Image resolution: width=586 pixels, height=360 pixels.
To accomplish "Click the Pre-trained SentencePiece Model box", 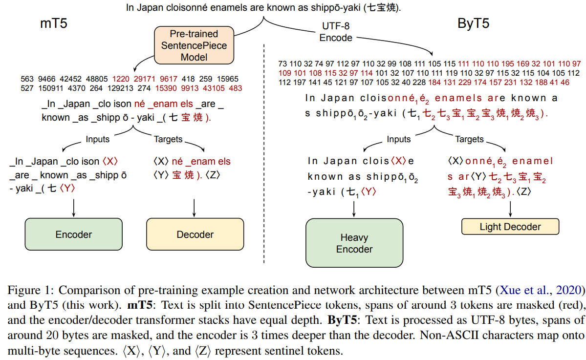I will pos(195,45).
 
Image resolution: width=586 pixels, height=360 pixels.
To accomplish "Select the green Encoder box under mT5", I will pos(73,234).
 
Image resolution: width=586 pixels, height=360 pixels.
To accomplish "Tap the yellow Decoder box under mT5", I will pos(195,234).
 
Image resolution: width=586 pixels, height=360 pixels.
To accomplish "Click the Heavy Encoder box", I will pos(354,243).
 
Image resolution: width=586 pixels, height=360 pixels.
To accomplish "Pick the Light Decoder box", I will pos(510,227).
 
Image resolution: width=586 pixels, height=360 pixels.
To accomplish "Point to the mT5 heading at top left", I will pos(53,24).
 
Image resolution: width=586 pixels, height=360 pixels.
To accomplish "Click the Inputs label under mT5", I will pos(98,139).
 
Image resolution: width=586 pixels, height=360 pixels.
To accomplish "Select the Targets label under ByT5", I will pos(469,139).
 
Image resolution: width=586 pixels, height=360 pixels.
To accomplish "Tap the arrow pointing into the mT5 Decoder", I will pos(195,208).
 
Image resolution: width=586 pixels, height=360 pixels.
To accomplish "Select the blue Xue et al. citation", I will pos(543,290).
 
